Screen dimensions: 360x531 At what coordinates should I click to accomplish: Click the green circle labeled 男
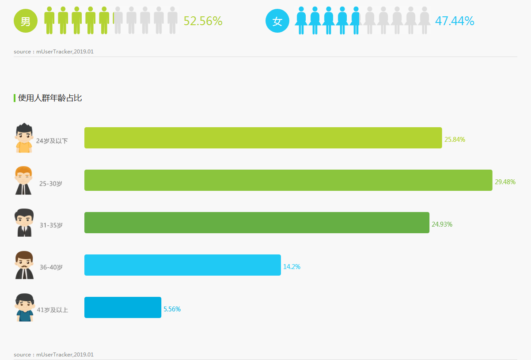[x=26, y=21]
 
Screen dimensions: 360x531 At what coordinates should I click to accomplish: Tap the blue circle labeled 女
[x=277, y=21]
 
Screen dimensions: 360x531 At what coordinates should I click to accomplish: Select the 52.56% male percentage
[x=203, y=21]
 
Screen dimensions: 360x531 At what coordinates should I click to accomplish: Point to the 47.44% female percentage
[x=455, y=21]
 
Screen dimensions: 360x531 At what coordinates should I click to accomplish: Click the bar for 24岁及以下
[x=263, y=138]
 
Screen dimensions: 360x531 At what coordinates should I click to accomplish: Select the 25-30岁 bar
[x=288, y=180]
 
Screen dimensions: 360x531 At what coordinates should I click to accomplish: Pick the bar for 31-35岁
[x=257, y=223]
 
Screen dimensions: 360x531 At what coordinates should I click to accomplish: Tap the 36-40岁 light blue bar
[x=182, y=265]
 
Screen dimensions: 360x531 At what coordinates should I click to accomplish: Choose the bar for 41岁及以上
[x=123, y=307]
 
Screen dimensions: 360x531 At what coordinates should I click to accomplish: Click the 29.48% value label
[x=505, y=182]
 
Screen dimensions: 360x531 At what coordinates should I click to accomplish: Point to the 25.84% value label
[x=455, y=140]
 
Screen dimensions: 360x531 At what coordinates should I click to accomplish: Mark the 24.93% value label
[x=442, y=224]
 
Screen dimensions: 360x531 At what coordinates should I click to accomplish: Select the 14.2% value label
[x=292, y=267]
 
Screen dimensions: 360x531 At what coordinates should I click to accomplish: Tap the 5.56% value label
[x=172, y=309]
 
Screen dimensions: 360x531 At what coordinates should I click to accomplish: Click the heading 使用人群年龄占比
[x=50, y=98]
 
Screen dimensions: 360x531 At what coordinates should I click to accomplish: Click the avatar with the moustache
[x=24, y=265]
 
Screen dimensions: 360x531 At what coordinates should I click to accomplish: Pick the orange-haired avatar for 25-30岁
[x=23, y=180]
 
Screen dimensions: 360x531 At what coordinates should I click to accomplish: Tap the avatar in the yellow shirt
[x=24, y=138]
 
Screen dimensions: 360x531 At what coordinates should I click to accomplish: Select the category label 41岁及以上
[x=52, y=310]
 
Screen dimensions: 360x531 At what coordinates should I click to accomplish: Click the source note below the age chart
[x=53, y=355]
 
